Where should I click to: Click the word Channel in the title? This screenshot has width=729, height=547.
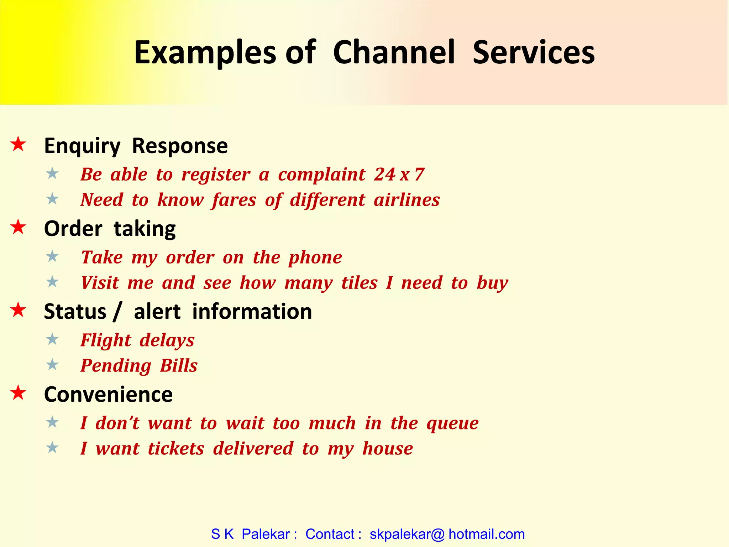394,52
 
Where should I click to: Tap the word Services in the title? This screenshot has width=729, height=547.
533,52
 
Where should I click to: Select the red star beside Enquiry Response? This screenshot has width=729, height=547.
18,144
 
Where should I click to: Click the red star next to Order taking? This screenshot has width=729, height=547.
18,227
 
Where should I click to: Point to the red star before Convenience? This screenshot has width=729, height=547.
18,393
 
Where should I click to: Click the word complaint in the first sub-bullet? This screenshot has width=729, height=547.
321,175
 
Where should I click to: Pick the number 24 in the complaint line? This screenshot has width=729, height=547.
384,174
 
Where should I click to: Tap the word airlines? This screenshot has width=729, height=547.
407,200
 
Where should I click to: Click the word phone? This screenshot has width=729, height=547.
315,258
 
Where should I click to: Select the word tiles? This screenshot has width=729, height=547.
359,283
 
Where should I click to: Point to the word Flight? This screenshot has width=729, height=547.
106,340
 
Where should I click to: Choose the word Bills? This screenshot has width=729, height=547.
178,366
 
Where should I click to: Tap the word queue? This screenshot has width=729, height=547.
452,424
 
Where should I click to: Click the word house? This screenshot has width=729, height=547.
387,449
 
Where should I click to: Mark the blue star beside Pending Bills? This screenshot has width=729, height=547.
52,365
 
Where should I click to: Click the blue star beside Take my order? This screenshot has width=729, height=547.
52,256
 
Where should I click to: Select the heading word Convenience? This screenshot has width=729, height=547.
108,395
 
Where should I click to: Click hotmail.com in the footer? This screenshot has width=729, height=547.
486,534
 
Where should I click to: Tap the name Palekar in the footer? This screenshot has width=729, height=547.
266,534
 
